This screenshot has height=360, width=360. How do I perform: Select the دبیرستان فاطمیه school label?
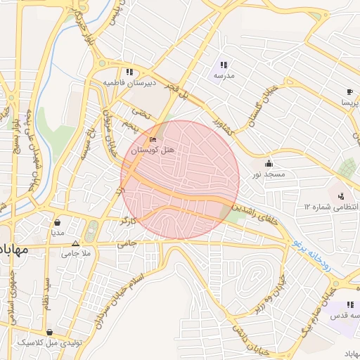[129, 82]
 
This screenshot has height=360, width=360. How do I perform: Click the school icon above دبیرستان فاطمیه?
[129, 72]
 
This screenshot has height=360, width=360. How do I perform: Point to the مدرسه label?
[224, 75]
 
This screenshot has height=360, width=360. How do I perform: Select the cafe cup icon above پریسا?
[349, 92]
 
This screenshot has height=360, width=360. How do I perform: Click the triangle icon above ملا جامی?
[76, 243]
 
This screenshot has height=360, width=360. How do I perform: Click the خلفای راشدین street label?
[259, 209]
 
